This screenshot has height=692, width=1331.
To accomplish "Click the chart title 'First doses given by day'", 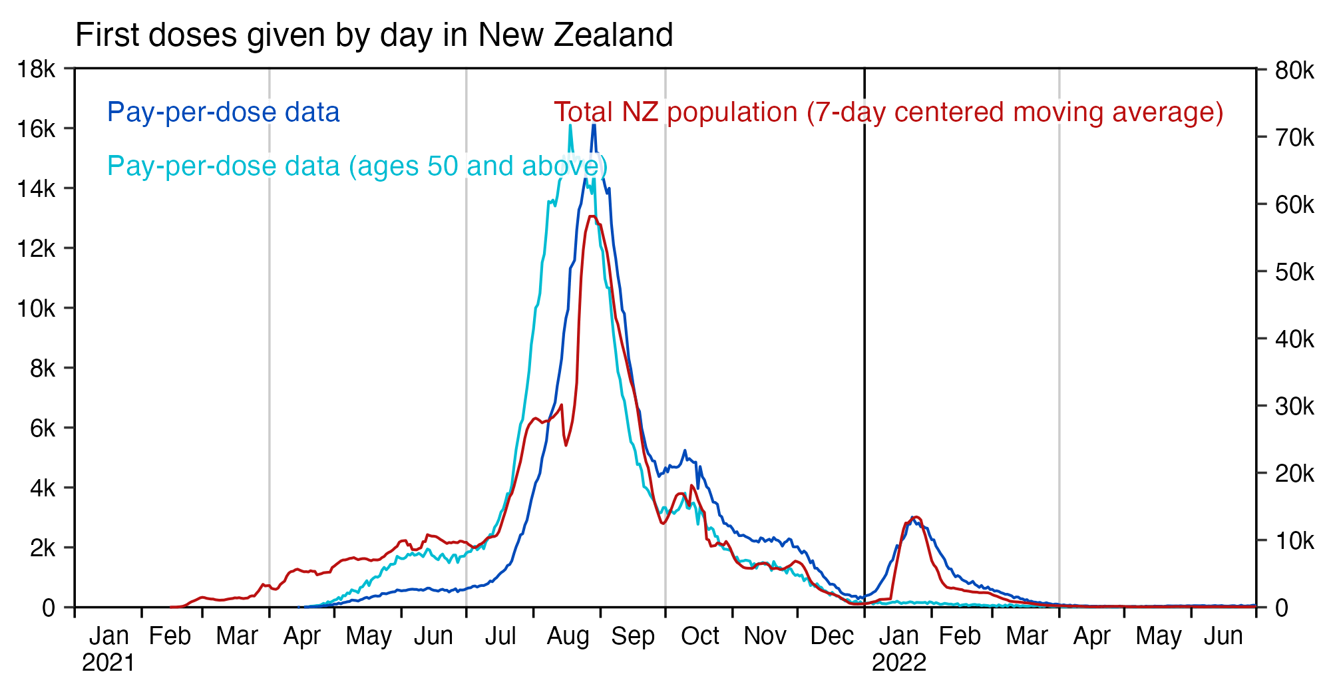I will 374,35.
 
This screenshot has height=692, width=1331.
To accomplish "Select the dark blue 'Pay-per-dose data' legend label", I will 224,112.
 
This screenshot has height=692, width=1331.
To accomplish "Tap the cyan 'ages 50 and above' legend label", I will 357,166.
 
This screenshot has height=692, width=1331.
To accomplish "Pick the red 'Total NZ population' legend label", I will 888,112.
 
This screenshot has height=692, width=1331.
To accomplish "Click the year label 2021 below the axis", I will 108,663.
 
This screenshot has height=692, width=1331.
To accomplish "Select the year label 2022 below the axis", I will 898,663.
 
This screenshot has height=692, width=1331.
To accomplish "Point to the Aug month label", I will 568,636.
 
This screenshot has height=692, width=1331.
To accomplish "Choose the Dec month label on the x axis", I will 831,636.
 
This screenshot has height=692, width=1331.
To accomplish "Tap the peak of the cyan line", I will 570,125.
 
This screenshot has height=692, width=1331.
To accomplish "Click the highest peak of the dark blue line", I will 594,124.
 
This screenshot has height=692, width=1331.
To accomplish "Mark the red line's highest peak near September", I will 592,216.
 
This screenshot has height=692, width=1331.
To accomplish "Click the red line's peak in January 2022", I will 916,517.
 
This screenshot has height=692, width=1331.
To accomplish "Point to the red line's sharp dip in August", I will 566,445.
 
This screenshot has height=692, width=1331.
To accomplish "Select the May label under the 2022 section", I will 1158,636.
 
